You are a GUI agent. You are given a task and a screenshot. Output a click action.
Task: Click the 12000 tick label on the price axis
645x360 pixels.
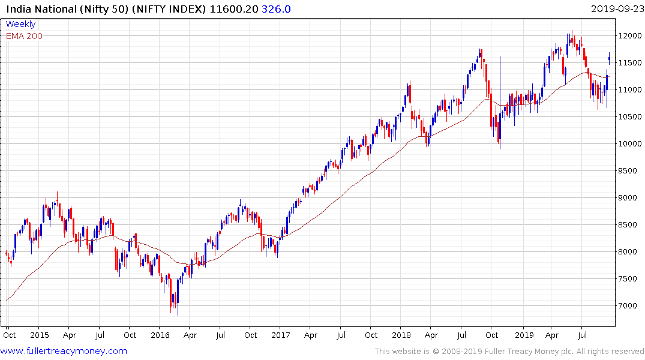pyautogui.click(x=631, y=36)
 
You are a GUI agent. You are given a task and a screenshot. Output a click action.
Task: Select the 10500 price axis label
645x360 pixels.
pyautogui.click(x=631, y=117)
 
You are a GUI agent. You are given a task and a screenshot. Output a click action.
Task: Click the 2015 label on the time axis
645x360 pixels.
pyautogui.click(x=39, y=335)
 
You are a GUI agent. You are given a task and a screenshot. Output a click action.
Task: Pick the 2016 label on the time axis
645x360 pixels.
pyautogui.click(x=160, y=335)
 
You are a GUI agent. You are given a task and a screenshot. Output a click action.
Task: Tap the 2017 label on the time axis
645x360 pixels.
pyautogui.click(x=280, y=335)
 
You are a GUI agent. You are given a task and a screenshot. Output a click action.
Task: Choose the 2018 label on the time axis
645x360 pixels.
pyautogui.click(x=401, y=335)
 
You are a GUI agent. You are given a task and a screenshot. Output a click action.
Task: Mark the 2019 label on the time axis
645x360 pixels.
pyautogui.click(x=524, y=335)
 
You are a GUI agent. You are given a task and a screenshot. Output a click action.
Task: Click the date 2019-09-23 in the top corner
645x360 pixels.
pyautogui.click(x=616, y=8)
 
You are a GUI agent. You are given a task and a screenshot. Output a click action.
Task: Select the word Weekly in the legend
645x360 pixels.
pyautogui.click(x=20, y=24)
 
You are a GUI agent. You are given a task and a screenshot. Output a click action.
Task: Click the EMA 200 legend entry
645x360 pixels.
pyautogui.click(x=24, y=35)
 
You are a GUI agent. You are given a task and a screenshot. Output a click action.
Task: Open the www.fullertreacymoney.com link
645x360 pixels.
pyautogui.click(x=64, y=351)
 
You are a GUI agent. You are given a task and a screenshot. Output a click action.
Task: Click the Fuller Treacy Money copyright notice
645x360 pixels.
pyautogui.click(x=509, y=352)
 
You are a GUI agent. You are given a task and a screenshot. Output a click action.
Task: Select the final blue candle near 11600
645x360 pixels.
pyautogui.click(x=610, y=58)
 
